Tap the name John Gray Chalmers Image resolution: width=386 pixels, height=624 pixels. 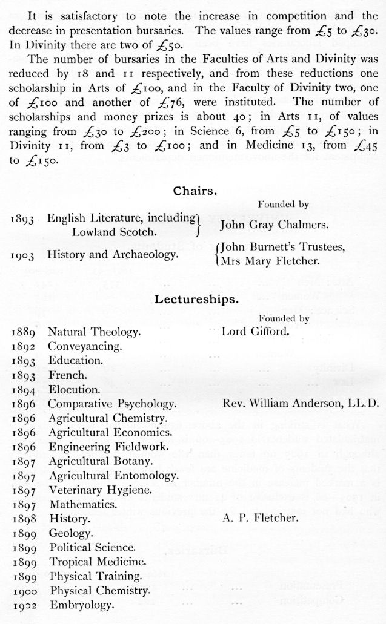pos(274,225)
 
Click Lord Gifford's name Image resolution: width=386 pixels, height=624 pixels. pos(255,332)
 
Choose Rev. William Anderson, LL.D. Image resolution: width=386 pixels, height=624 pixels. pos(300,404)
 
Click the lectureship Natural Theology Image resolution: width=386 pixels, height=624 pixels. pos(95,332)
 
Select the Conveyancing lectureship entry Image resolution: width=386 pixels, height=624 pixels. pos(85,347)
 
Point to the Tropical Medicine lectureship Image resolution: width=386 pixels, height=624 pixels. pos(98,561)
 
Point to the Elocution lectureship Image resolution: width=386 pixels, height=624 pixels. pos(74,390)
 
